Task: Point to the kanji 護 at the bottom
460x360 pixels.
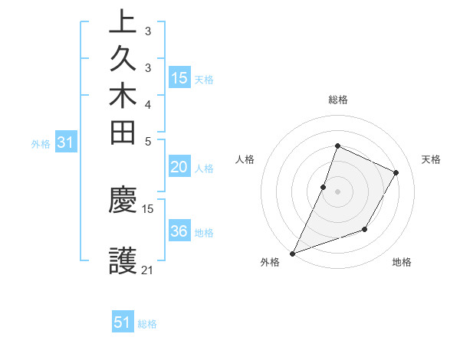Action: (123, 261)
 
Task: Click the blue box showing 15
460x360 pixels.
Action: (179, 78)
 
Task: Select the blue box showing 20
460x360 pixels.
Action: (179, 168)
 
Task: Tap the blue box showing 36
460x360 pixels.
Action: (179, 232)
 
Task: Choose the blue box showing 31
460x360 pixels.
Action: (66, 142)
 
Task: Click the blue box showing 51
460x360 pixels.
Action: (123, 322)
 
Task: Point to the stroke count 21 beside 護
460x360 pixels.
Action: (148, 270)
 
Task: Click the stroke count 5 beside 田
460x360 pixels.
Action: (148, 141)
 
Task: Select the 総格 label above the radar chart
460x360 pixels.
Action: (337, 100)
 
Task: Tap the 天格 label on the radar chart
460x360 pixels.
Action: (431, 159)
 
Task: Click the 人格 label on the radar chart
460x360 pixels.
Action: (245, 159)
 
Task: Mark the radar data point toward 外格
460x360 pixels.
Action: (293, 253)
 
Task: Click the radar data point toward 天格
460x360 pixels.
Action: (396, 172)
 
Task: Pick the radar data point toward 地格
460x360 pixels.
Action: (365, 229)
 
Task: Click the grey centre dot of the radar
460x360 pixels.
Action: (337, 191)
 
